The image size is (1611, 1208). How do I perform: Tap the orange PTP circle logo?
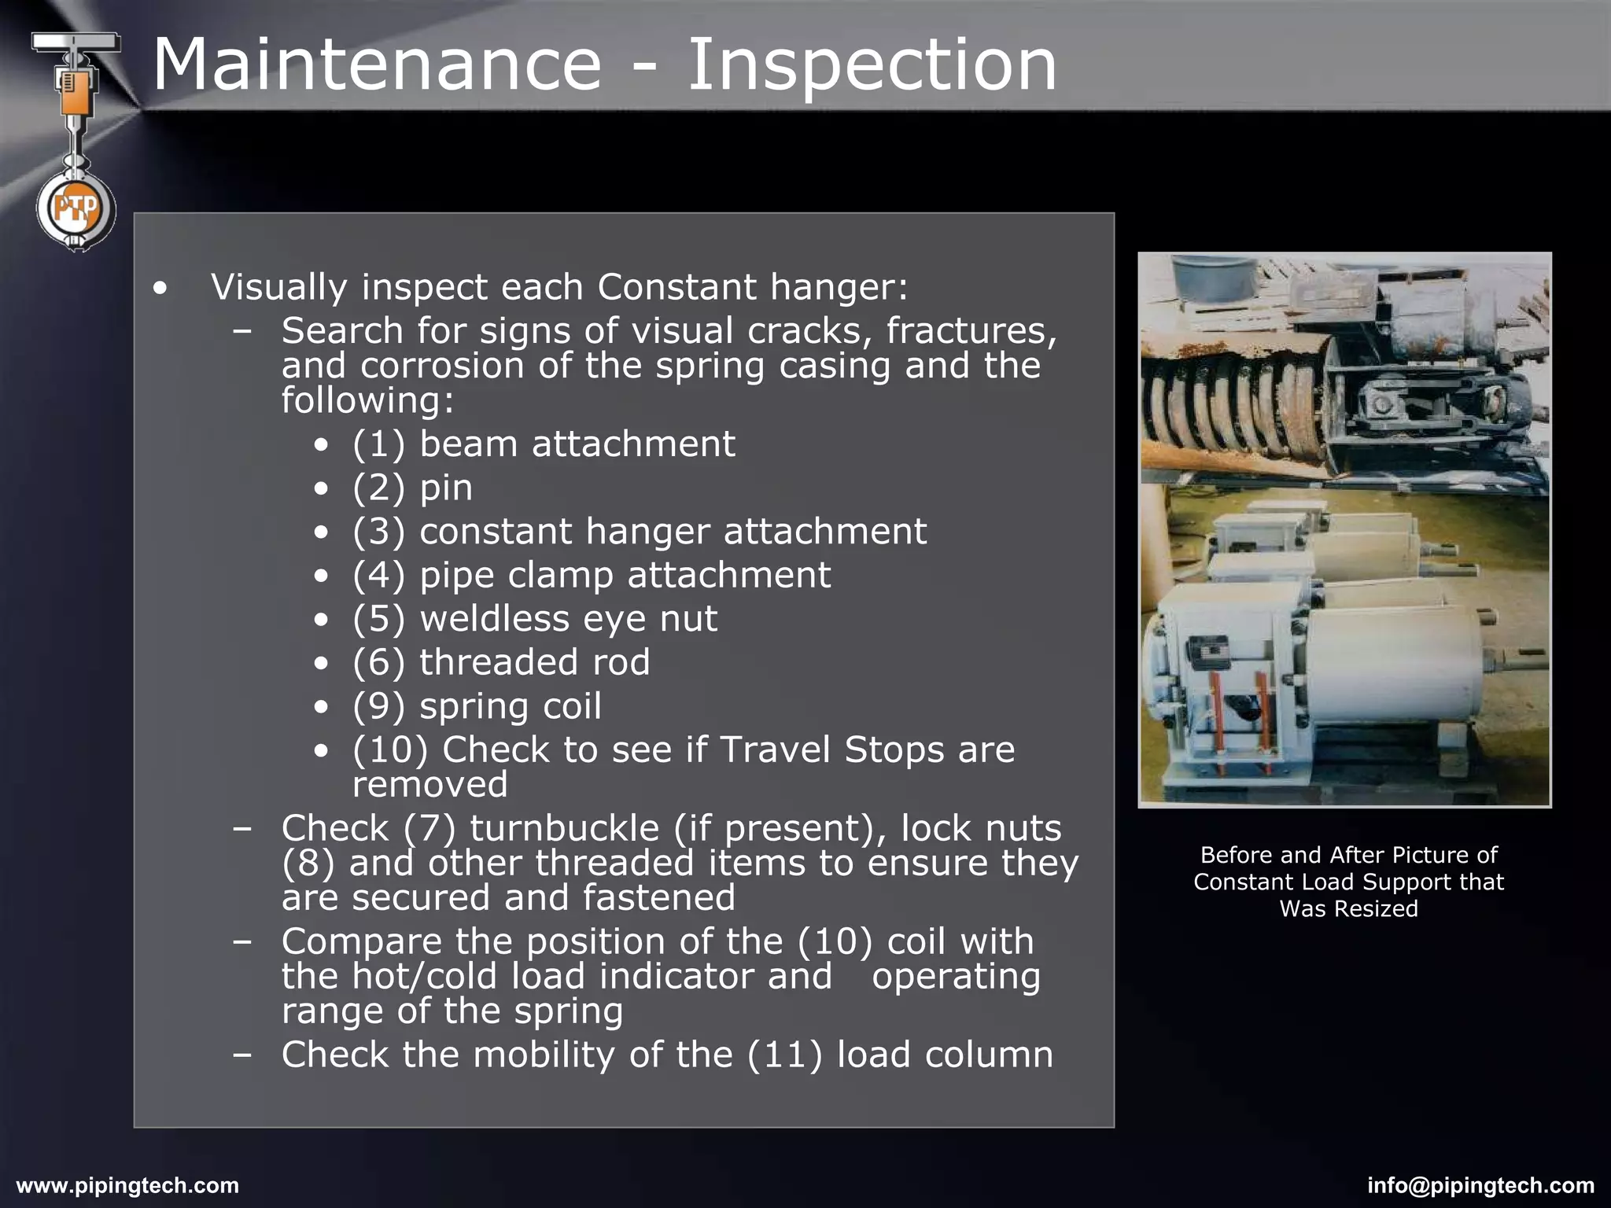pos(76,209)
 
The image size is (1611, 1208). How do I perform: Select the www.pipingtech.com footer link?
pos(127,1185)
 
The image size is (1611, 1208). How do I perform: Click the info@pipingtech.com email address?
pos(1480,1185)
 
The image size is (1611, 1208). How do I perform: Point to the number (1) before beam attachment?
pos(378,444)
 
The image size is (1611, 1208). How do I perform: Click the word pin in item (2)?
pos(446,488)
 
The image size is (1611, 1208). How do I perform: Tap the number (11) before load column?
pos(783,1055)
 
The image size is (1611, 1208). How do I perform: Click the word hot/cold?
pos(424,976)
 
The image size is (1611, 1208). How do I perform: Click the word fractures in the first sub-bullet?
pos(971,330)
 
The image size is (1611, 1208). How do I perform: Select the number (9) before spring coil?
pos(378,706)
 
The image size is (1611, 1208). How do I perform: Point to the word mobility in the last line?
pos(544,1055)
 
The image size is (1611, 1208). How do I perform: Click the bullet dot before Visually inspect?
pos(161,289)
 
